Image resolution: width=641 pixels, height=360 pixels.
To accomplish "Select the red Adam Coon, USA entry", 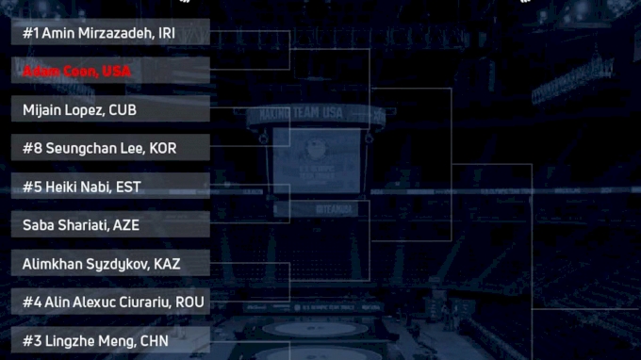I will [x=77, y=72].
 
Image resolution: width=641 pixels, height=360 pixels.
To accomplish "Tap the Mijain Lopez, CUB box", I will [x=80, y=110].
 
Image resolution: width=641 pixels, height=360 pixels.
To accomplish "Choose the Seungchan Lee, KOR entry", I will [x=100, y=148].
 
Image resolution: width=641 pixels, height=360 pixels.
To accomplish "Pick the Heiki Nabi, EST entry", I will [x=82, y=187].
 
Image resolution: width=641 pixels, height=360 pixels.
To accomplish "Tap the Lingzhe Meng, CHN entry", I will [x=94, y=340].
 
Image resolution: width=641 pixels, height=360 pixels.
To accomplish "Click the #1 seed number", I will [x=30, y=33].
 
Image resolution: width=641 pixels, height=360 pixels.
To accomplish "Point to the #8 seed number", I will [x=31, y=148].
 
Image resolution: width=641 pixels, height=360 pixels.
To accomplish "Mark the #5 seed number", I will [x=31, y=187].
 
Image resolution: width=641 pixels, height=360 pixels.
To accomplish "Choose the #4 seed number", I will [x=31, y=303].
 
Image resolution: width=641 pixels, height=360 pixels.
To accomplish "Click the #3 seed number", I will [x=31, y=340].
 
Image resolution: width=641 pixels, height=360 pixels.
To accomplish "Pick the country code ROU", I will [x=189, y=303].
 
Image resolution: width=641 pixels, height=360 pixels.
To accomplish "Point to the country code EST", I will [x=128, y=187].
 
